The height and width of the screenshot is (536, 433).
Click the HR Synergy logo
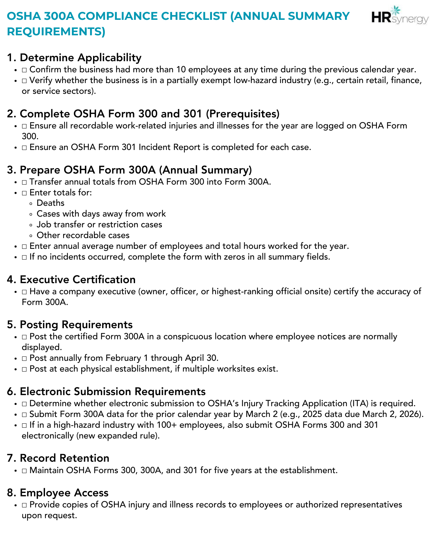pos(400,16)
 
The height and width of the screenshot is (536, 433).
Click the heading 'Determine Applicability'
pos(80,58)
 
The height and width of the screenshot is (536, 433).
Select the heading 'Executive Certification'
pos(77,279)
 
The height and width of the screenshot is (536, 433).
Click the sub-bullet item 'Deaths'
pos(50,203)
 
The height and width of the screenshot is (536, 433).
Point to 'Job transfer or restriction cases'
pos(99,225)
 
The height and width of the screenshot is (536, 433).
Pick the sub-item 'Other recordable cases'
pos(83,235)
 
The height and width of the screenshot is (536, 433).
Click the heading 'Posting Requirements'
pos(76,324)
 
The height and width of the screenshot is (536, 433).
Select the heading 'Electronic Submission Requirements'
pos(113,391)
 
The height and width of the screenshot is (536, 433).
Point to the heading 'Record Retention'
pos(64,458)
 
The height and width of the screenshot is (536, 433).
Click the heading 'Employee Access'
pos(64,493)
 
